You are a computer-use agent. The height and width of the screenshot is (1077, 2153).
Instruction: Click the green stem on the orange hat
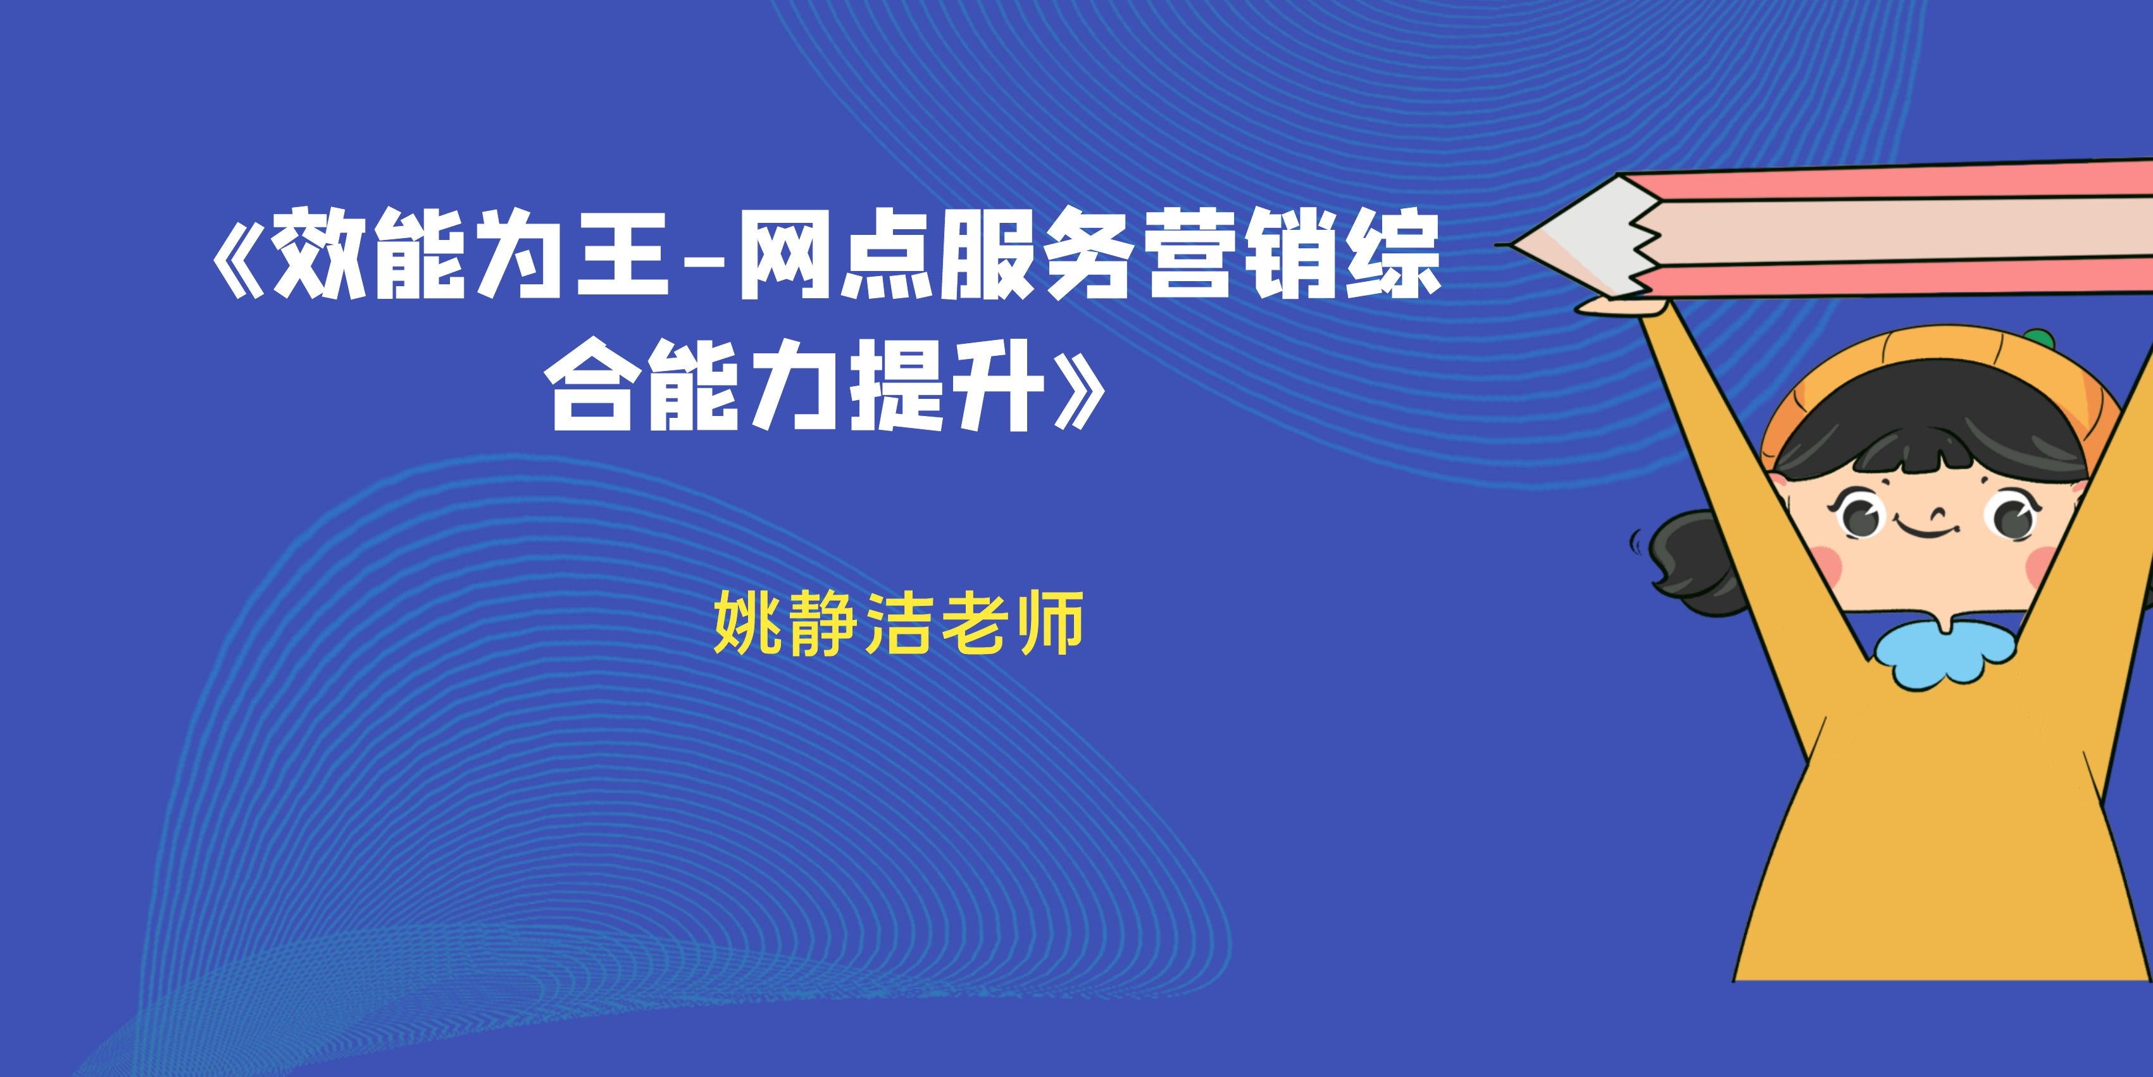2039,336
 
